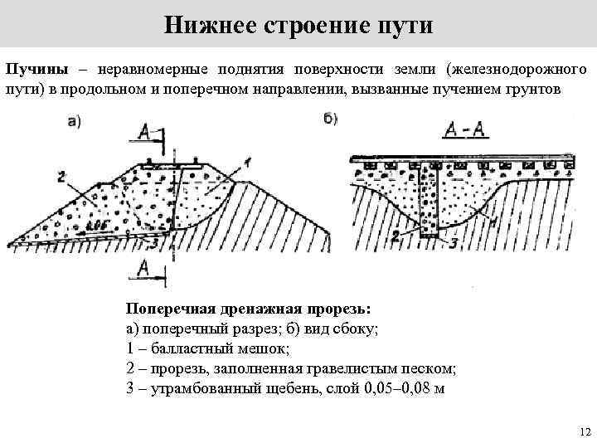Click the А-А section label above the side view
click(x=464, y=129)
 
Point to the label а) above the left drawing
click(x=74, y=122)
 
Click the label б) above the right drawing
click(x=330, y=118)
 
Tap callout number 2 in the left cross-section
click(x=61, y=175)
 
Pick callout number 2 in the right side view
click(x=396, y=236)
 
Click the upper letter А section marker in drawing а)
click(x=144, y=132)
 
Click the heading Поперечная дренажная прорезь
click(x=248, y=309)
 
